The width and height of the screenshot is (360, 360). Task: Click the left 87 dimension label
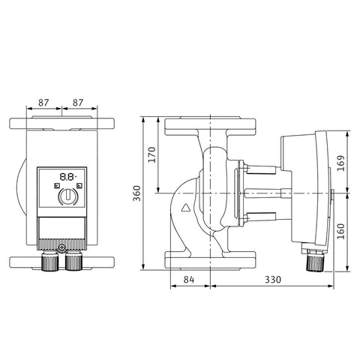[x=43, y=103]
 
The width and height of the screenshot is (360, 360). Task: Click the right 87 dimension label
[x=78, y=103]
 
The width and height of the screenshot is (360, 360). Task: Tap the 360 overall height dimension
[x=136, y=193]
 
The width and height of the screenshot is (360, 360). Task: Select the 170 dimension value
[x=151, y=154]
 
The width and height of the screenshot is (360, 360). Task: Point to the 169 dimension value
[x=340, y=163]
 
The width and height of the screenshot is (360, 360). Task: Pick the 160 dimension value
[x=340, y=231]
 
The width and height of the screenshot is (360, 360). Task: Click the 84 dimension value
[x=189, y=280]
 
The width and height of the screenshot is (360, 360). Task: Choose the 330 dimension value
[x=273, y=280]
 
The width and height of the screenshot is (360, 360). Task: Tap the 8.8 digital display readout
[x=67, y=177]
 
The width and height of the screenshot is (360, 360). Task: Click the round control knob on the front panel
[x=67, y=196]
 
